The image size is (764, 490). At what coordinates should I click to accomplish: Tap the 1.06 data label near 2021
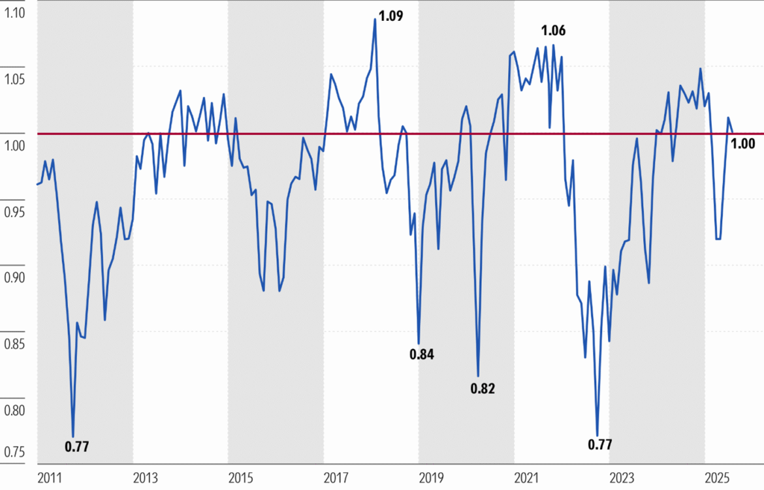(553, 30)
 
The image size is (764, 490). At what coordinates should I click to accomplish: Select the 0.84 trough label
(422, 355)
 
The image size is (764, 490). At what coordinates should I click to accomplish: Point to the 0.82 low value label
(483, 390)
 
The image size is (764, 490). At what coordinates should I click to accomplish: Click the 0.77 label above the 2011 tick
(76, 447)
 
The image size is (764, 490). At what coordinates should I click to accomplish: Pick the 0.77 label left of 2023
(600, 446)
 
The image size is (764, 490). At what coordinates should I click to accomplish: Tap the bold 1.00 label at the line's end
(743, 144)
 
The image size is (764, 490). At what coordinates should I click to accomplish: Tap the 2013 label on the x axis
(145, 478)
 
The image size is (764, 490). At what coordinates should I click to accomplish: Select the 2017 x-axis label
(335, 478)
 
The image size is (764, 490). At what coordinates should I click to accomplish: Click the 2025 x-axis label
(716, 478)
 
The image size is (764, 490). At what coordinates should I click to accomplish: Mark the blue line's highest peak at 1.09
(375, 19)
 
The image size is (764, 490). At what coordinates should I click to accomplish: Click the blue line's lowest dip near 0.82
(478, 376)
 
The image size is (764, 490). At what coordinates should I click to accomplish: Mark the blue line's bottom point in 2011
(73, 436)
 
